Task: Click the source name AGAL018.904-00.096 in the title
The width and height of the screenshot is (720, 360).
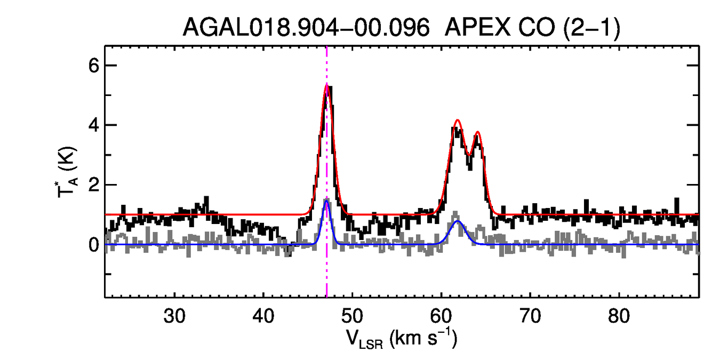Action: pos(306,27)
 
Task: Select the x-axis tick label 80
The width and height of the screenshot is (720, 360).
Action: pos(619,315)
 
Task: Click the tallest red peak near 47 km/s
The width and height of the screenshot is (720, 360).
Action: pos(326,85)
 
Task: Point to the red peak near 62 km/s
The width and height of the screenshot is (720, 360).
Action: pos(457,121)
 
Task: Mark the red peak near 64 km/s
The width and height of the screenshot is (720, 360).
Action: pos(478,132)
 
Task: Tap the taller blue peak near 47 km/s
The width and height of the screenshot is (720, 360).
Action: pos(326,200)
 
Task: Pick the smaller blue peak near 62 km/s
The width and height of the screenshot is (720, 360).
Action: pos(458,221)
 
